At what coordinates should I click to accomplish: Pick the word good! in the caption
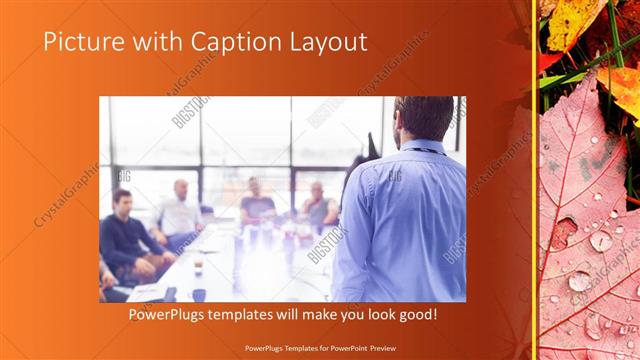pyautogui.click(x=415, y=315)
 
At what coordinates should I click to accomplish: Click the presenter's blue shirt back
pyautogui.click(x=405, y=225)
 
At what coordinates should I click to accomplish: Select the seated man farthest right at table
pyautogui.click(x=318, y=205)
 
